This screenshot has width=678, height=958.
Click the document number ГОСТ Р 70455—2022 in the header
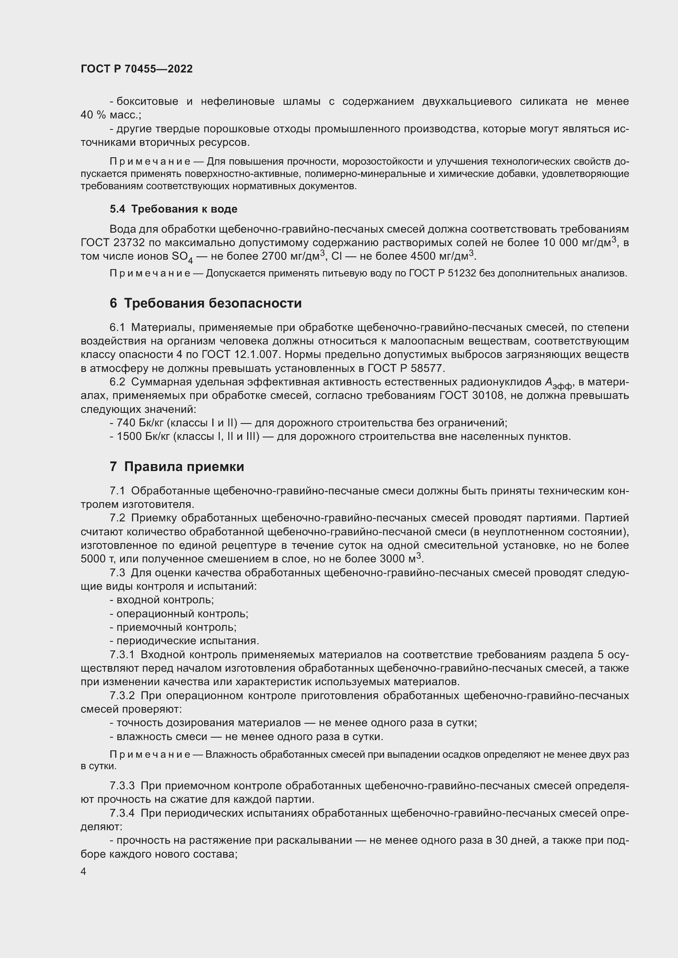[x=137, y=69]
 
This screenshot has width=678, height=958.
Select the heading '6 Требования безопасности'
[x=205, y=303]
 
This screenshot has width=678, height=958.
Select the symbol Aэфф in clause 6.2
[x=558, y=383]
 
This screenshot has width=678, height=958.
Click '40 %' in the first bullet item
[x=93, y=115]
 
